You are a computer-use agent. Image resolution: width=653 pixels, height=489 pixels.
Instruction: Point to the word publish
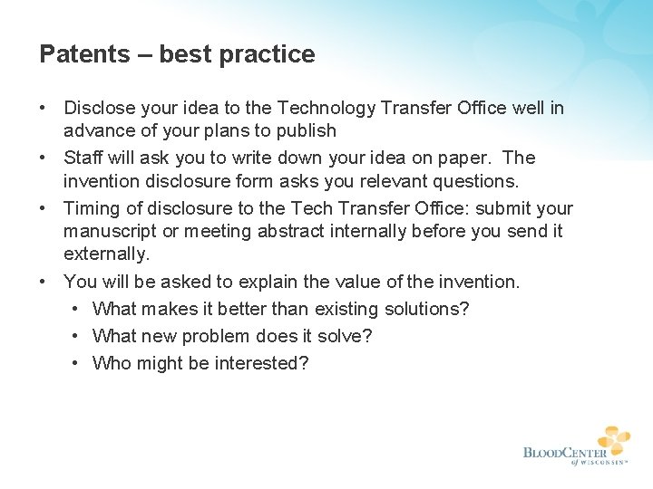[306, 131]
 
